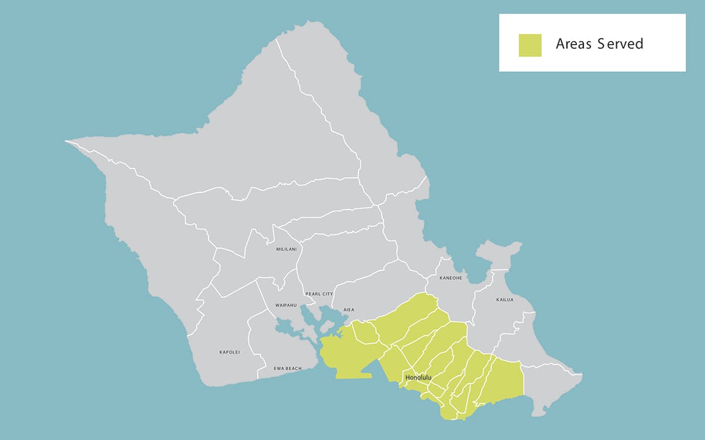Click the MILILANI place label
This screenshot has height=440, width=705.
286,249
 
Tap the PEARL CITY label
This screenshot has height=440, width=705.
319,293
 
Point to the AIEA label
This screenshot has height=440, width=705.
349,310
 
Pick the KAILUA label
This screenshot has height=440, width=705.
505,300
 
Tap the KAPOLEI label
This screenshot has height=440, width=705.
230,352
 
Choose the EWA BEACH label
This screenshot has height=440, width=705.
288,368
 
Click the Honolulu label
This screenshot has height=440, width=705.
418,377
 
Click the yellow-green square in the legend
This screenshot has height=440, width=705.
530,45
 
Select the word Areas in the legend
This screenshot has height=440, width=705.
572,43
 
